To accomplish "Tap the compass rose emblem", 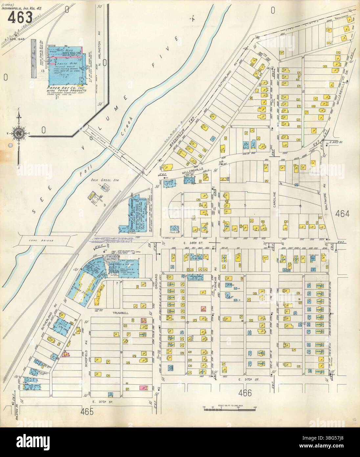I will [18, 133].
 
